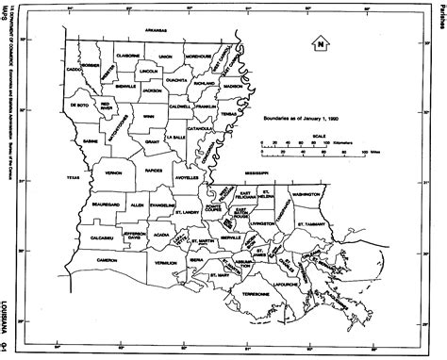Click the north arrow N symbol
click(322, 42)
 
